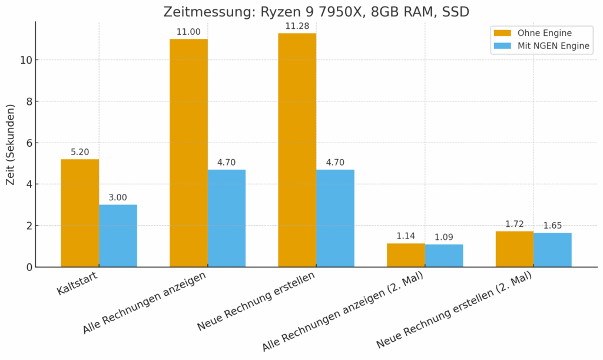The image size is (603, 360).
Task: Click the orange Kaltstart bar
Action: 79,213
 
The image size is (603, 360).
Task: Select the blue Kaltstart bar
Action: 118,236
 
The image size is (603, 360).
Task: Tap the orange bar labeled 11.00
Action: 188,153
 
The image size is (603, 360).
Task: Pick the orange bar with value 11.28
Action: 297,150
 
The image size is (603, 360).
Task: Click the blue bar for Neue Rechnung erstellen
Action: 335,218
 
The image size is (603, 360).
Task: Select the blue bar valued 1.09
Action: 444,255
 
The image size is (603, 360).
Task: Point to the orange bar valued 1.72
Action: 514,249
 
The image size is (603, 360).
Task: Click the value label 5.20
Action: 79,152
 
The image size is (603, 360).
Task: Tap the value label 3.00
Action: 118,198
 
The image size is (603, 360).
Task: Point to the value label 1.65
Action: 552,226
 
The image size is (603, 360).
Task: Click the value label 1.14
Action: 406,236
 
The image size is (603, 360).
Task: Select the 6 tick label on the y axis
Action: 27,143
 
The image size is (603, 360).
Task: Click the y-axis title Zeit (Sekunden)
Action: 11,145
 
